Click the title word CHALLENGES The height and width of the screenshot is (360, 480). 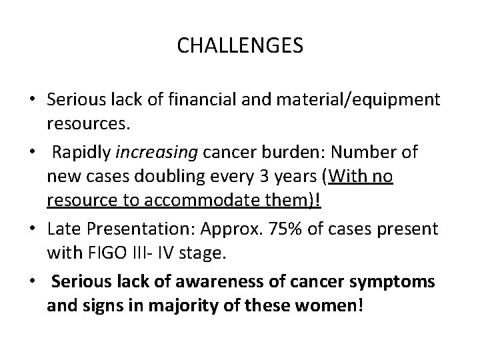tap(240, 46)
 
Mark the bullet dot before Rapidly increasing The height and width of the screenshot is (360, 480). tap(31, 152)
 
